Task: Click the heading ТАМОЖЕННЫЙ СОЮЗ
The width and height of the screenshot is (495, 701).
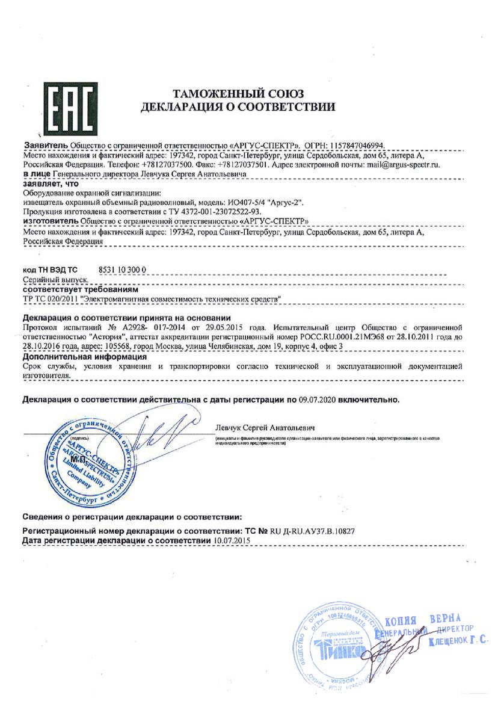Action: click(238, 94)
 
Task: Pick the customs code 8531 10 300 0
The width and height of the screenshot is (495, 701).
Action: click(122, 271)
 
